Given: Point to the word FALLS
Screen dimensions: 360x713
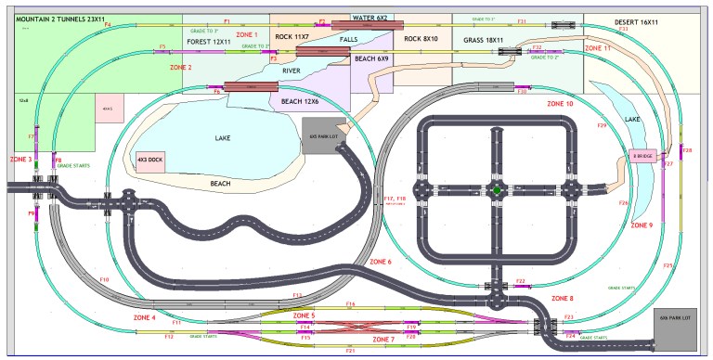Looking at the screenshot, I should click(x=348, y=40).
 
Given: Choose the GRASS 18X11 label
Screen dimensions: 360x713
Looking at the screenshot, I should click(x=483, y=41).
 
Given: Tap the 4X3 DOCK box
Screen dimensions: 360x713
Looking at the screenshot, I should click(x=150, y=159).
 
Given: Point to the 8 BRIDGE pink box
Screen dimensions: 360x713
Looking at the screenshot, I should click(x=643, y=156).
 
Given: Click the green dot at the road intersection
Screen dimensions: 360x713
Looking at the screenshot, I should click(x=498, y=191).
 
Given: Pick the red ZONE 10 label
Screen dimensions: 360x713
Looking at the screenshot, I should click(x=560, y=104).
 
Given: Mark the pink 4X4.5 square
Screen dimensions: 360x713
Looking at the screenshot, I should click(x=108, y=109).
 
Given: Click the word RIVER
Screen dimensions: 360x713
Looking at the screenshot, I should click(x=290, y=70).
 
